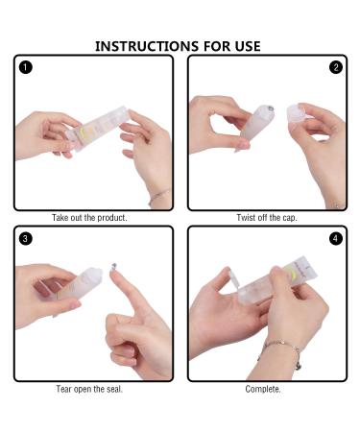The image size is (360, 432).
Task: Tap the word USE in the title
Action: (248, 46)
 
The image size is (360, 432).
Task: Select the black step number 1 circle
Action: (26, 67)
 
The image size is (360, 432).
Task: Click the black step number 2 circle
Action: (336, 67)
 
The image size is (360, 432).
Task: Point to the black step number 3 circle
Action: (26, 239)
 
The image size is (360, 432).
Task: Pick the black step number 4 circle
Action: (336, 239)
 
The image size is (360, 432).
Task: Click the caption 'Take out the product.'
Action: (89, 218)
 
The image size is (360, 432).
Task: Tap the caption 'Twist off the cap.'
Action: (267, 218)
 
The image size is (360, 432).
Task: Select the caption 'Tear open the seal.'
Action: (89, 389)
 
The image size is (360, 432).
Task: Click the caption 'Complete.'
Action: (263, 389)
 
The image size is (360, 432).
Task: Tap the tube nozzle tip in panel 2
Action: (270, 108)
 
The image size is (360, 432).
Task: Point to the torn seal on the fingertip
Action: (113, 266)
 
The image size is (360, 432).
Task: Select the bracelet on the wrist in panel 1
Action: (159, 196)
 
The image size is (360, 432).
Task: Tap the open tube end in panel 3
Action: (95, 275)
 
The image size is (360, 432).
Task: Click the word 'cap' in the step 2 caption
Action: (289, 218)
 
